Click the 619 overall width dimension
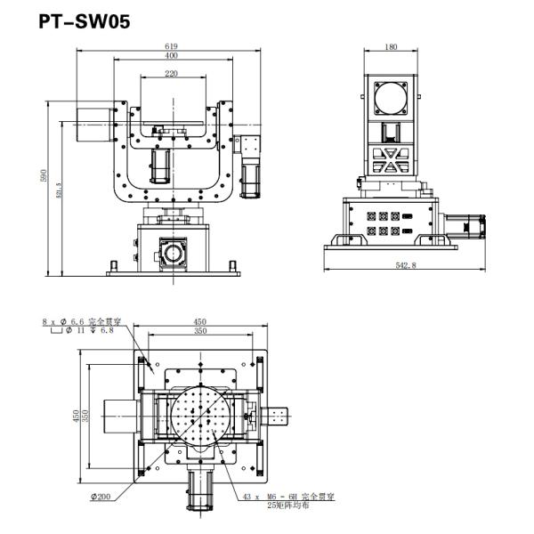point(170,44)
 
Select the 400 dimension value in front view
point(170,56)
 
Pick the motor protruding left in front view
point(90,125)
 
